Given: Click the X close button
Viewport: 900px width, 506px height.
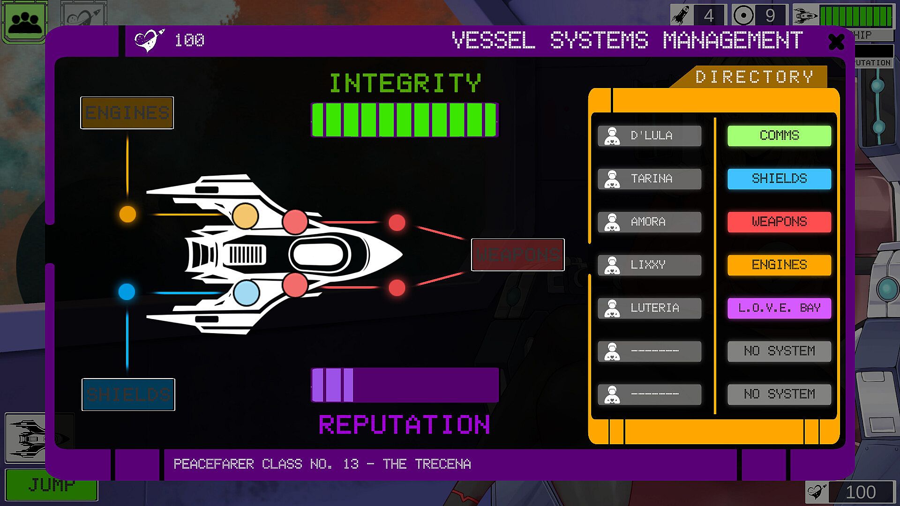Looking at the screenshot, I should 836,42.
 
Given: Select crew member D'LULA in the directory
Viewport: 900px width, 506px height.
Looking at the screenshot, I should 650,136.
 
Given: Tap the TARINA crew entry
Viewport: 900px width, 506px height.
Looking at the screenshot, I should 650,179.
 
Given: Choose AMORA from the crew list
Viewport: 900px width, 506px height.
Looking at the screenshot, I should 650,222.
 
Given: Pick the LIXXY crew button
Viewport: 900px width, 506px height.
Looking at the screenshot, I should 650,265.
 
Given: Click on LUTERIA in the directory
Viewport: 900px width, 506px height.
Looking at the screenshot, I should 650,308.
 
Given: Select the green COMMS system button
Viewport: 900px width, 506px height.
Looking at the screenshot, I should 779,136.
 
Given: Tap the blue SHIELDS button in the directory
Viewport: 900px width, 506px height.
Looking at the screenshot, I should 779,179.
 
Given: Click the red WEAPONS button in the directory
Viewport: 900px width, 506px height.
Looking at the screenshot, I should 779,222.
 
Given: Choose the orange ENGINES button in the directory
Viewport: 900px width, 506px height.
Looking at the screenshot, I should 779,265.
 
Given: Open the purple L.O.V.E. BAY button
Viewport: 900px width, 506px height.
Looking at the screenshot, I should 779,308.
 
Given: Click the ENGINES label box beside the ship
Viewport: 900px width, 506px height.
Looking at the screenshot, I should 127,113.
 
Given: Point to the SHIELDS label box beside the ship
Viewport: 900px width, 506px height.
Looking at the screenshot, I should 128,394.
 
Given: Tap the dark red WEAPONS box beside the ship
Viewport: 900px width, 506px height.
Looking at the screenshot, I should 517,255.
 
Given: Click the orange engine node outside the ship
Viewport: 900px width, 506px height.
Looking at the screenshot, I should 127,214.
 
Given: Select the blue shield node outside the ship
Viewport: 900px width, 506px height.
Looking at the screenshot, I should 127,291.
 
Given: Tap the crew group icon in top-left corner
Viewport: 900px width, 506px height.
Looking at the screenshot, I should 25,22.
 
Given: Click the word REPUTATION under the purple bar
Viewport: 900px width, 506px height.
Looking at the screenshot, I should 405,425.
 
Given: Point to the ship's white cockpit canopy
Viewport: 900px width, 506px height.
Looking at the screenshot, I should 320,255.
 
